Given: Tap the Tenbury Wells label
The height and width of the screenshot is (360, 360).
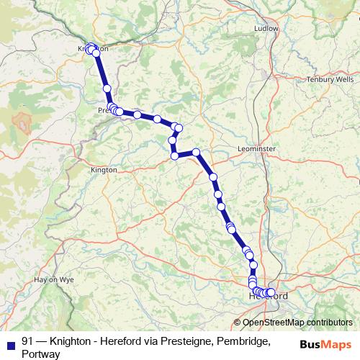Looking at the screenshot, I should click(330, 79).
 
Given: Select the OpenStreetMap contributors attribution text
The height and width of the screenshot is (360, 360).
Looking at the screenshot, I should click(297, 323).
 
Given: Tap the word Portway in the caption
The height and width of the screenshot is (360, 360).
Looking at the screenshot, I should click(41, 354).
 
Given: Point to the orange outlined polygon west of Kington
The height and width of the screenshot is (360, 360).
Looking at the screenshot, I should click(22, 120).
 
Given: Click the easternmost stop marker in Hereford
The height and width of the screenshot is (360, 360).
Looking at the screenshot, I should click(271, 292).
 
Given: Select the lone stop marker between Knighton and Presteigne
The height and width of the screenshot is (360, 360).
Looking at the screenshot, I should click(107, 88).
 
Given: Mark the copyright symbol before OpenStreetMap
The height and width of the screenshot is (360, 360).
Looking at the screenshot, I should click(238, 323).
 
